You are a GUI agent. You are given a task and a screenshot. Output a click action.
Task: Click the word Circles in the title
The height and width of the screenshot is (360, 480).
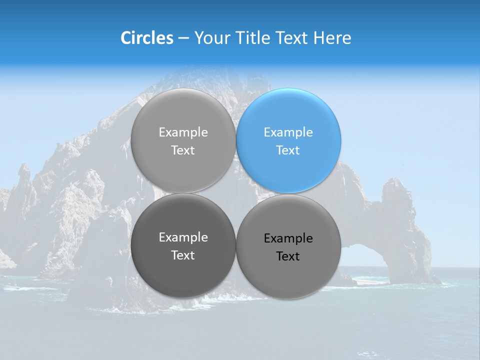[x=147, y=38]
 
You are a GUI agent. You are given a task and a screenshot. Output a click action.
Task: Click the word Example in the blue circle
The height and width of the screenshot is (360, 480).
[x=288, y=132]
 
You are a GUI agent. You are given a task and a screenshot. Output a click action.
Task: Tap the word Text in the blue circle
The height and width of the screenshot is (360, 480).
[x=288, y=150]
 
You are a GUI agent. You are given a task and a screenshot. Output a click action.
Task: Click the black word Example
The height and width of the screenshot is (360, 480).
[x=288, y=238]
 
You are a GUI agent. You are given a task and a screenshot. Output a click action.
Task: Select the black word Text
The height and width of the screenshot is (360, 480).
[x=288, y=256]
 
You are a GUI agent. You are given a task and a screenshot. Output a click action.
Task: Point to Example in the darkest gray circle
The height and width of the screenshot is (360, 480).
[x=183, y=237]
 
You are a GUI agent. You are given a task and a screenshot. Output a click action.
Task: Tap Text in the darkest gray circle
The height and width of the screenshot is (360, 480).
[x=183, y=255]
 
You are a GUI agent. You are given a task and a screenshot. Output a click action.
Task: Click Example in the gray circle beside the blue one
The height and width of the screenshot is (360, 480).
[x=183, y=132]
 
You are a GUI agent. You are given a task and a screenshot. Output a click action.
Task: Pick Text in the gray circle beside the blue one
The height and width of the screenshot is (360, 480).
[x=183, y=150]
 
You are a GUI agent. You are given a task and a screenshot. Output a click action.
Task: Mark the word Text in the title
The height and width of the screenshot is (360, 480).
[x=293, y=38]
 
